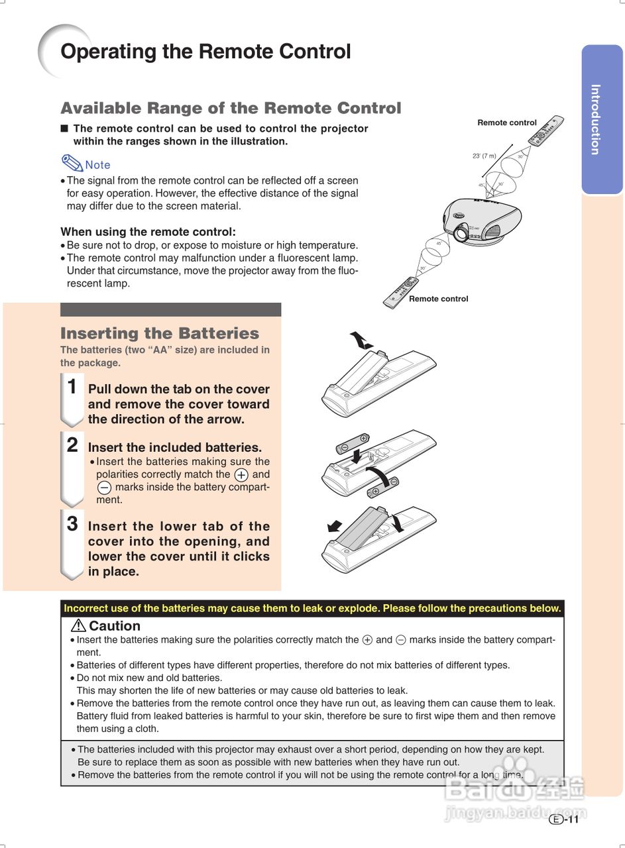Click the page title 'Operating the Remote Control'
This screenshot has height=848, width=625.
pos(205,52)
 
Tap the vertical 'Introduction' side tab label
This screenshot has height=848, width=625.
pos(595,119)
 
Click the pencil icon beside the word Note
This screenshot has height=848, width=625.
pos(72,163)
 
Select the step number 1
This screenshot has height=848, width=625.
pos(72,387)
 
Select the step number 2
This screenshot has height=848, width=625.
pos(72,445)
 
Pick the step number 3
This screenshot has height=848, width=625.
pos(72,524)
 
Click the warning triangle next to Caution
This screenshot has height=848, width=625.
pos(78,625)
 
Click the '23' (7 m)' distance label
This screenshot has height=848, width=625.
pos(484,156)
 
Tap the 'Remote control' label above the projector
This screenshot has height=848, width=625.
pos(507,123)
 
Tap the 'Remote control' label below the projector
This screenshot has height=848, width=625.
pos(438,299)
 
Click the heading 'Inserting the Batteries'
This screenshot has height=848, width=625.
pos(159,333)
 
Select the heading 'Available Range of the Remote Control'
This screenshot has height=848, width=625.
pos(231,108)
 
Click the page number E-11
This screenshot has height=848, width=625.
pos(565,820)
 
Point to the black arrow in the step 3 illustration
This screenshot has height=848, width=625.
pos(335,526)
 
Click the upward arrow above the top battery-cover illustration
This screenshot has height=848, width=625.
pos(361,340)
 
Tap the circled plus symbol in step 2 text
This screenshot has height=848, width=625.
pos(241,475)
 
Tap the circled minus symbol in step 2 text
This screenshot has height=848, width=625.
pos(104,488)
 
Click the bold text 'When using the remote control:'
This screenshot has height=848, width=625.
pos(148,232)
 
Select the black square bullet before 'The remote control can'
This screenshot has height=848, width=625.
pos(64,129)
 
